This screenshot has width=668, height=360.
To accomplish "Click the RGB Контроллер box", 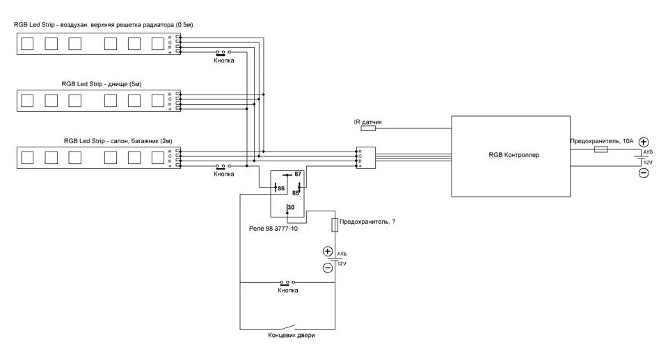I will [514, 155].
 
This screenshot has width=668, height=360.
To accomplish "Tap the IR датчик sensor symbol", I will [367, 129].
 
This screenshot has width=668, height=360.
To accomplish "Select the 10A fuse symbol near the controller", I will [601, 149].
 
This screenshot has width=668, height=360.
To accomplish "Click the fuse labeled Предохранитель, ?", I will [335, 224].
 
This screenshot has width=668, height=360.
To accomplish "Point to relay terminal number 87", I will [298, 174].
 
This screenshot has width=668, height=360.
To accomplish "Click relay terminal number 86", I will [280, 188].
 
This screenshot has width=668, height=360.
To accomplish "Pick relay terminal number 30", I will [291, 208].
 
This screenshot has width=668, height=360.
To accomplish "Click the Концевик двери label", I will [292, 337].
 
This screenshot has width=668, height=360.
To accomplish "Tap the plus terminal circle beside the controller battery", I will [644, 141].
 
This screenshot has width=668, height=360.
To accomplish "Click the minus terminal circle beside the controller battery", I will [644, 173].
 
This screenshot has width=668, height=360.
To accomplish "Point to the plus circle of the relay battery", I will [328, 252].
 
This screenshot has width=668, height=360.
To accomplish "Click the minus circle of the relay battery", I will [328, 268].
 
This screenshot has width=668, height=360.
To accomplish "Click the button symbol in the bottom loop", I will [286, 283].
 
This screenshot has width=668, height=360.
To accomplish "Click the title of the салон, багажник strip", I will [118, 140].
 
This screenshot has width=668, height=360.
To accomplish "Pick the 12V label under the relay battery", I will [342, 264].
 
